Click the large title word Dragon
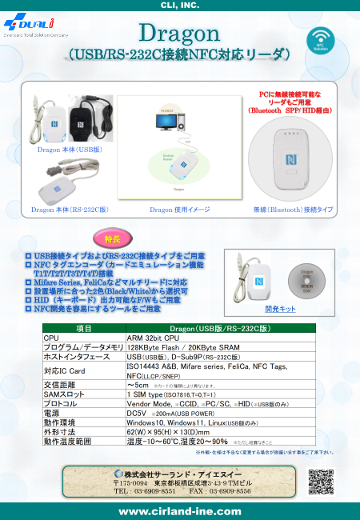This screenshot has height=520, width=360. point(179,34)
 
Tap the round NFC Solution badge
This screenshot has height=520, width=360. point(322,40)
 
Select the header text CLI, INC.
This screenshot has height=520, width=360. point(180,5)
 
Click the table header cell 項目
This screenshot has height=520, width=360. point(83,329)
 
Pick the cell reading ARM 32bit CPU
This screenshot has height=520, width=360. point(149,338)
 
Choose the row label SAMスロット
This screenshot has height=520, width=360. point(63,394)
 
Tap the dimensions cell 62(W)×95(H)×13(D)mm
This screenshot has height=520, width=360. point(168,431)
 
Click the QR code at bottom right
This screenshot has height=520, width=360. point(320,481)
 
